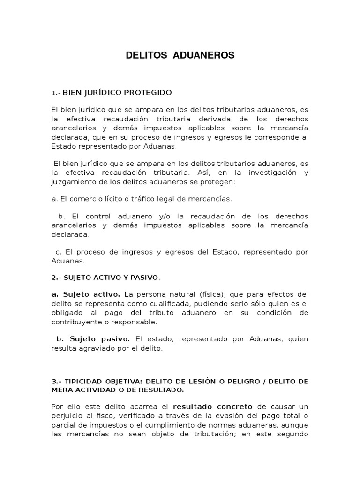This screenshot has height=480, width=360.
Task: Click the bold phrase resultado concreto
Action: coord(212,407)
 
